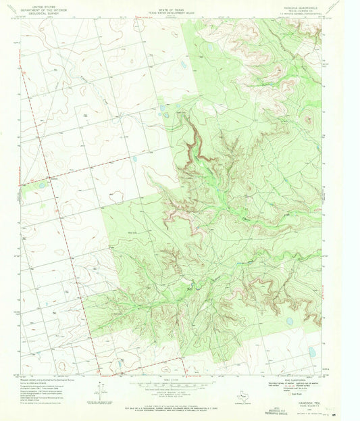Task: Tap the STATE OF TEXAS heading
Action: (x=174, y=5)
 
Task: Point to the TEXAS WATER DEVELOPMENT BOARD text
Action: (x=174, y=9)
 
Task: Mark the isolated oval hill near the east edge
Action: (x=310, y=121)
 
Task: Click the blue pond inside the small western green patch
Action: (x=43, y=184)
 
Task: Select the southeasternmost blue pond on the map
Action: (x=312, y=351)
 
